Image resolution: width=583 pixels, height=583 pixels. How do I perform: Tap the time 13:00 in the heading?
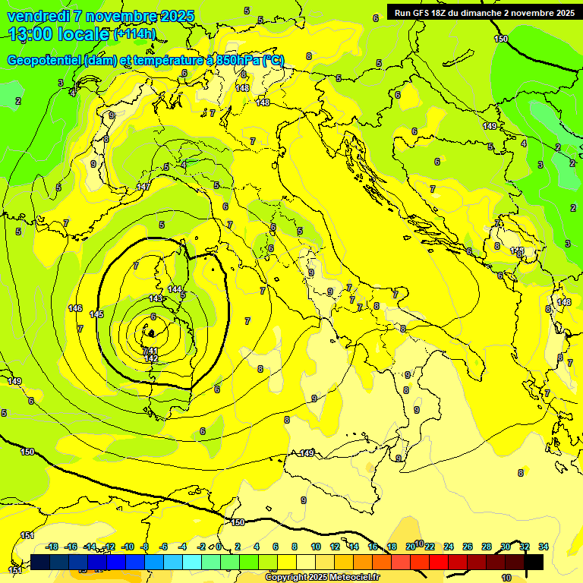click(x=30, y=34)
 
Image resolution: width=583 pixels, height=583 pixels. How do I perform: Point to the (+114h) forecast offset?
click(x=134, y=34)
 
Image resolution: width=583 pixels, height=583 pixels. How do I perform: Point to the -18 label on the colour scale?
click(x=52, y=547)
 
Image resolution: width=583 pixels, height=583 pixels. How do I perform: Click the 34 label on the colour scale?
click(x=543, y=547)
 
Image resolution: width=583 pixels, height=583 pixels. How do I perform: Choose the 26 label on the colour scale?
click(x=467, y=547)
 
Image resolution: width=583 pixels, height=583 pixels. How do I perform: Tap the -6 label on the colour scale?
click(x=162, y=547)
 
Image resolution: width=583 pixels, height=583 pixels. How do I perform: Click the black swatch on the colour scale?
click(x=533, y=562)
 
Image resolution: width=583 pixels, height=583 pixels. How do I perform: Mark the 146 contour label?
click(x=75, y=308)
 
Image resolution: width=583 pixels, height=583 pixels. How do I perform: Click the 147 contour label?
click(x=143, y=187)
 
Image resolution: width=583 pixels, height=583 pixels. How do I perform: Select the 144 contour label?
click(x=175, y=289)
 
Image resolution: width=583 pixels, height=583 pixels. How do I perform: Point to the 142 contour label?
click(x=151, y=358)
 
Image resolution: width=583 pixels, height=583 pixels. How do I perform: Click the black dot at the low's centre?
click(x=152, y=332)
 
